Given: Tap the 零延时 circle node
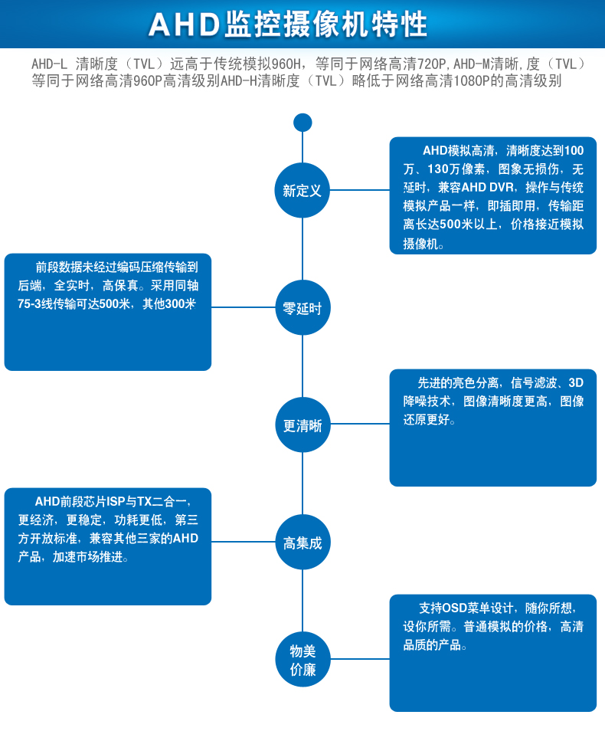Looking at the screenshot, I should pos(302,308).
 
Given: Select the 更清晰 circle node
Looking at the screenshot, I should pos(302,425).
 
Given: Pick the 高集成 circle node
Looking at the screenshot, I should pos(302,543).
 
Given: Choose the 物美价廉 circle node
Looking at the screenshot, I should pos(302,660).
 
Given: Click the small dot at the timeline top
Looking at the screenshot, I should pos(302,123).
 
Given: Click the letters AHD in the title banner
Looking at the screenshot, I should pos(183,25).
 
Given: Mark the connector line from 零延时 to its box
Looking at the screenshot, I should pos(243,308).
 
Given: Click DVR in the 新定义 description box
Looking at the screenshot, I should pos(498,188).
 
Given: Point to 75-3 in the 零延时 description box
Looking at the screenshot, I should pos(32,304).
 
